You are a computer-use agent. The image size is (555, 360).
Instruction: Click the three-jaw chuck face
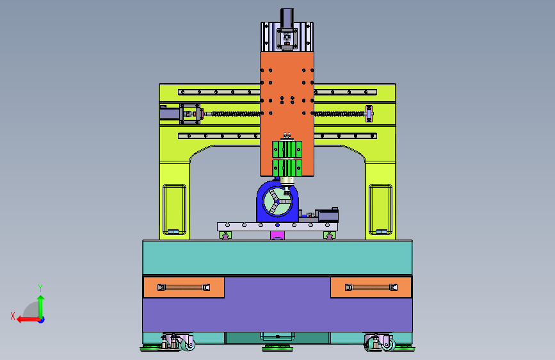pyautogui.click(x=277, y=201)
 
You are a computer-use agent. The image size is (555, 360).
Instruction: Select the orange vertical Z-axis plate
pyautogui.click(x=287, y=114)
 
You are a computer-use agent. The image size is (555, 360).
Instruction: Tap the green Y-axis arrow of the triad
pyautogui.click(x=41, y=307)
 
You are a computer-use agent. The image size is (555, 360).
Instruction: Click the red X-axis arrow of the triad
pyautogui.click(x=29, y=320)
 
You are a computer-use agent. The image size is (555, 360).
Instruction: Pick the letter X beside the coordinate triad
pyautogui.click(x=13, y=316)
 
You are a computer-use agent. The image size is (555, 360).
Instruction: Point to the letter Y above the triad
pyautogui.click(x=40, y=288)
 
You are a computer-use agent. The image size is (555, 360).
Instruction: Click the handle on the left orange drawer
pyautogui.click(x=184, y=288)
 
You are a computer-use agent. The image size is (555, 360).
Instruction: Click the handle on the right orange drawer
pyautogui.click(x=371, y=288)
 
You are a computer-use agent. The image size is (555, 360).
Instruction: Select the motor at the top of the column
pyautogui.click(x=287, y=18)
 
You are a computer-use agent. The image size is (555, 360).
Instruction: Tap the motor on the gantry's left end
pyautogui.click(x=170, y=113)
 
